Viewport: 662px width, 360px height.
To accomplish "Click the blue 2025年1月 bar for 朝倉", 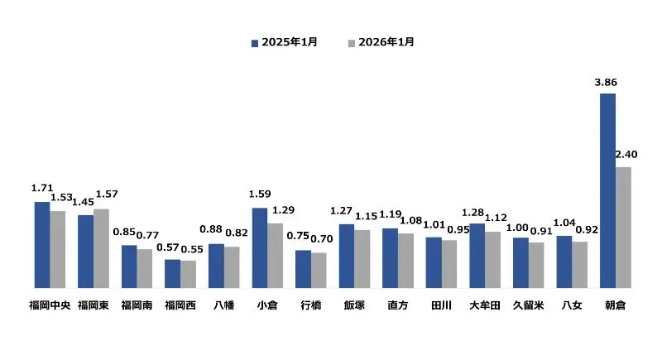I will point(607,190).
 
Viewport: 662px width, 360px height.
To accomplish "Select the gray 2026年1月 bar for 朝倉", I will point(623,227).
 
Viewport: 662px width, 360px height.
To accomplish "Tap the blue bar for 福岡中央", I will point(41,244).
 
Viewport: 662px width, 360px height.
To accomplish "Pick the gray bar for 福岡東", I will point(101,247).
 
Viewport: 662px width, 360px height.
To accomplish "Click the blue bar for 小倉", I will point(259,247).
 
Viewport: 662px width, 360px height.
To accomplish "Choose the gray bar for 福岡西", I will point(188,274).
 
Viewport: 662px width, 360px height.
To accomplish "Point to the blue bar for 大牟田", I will point(477,255).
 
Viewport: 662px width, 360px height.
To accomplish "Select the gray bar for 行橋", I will point(319,270).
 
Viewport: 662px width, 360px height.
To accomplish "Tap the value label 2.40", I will point(626,155).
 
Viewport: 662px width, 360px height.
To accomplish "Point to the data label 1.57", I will point(107,194).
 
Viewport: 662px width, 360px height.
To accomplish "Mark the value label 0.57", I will point(168,247).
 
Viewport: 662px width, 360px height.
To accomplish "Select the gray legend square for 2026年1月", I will point(352,41).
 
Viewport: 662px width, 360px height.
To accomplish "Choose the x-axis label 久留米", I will point(528,305).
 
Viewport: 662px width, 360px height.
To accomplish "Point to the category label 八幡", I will point(223,305).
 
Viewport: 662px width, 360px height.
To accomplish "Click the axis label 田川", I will point(441,305).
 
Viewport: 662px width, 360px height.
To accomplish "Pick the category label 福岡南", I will point(137,305).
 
